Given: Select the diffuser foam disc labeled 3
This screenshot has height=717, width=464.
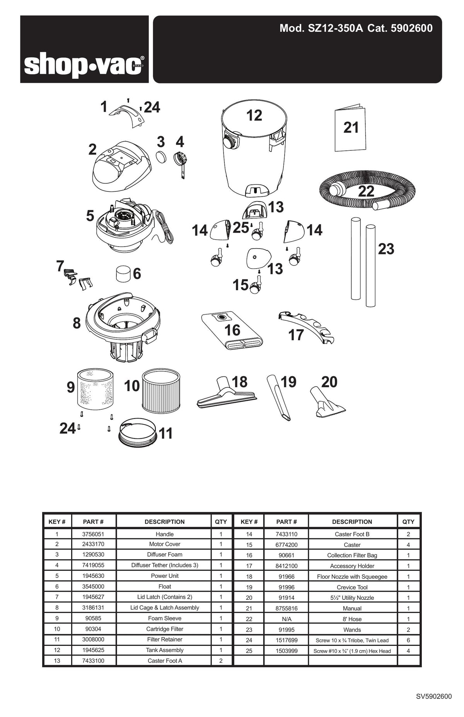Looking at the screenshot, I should click(x=162, y=157).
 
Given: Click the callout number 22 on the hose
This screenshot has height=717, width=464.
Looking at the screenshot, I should click(x=366, y=191).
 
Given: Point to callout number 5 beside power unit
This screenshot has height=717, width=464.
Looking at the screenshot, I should click(x=90, y=216).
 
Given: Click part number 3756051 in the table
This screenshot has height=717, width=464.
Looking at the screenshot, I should click(x=93, y=534).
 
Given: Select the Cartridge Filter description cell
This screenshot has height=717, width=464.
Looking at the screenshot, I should click(x=164, y=629).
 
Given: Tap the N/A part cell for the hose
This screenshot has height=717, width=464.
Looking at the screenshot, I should click(x=286, y=619).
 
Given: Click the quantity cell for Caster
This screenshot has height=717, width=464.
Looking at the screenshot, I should click(x=408, y=545).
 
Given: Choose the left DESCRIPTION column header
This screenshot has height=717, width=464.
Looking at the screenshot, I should click(x=164, y=521).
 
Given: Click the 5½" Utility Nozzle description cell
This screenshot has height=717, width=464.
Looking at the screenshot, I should click(x=352, y=598).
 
